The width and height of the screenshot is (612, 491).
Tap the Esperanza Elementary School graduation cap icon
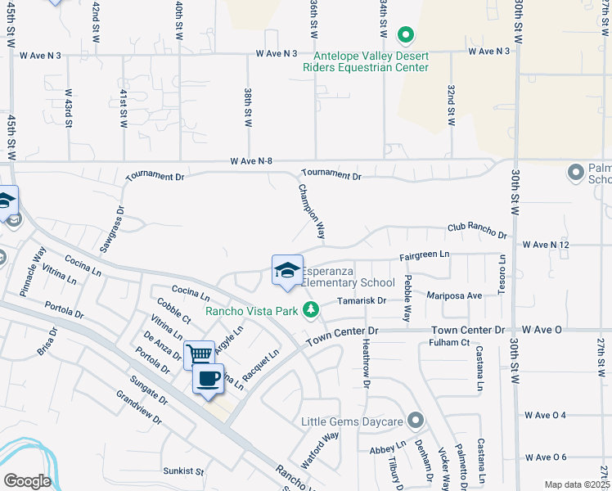(287, 270)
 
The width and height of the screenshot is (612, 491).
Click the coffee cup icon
(208, 379)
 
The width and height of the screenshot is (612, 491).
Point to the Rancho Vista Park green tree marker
(310, 309)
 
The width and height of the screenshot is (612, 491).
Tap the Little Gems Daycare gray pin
(416, 421)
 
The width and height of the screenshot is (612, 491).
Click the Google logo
(26, 480)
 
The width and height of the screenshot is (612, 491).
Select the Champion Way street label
(312, 210)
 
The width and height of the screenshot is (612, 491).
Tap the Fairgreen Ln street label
(425, 255)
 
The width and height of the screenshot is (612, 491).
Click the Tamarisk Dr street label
(362, 300)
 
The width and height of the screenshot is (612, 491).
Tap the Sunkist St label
(182, 471)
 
